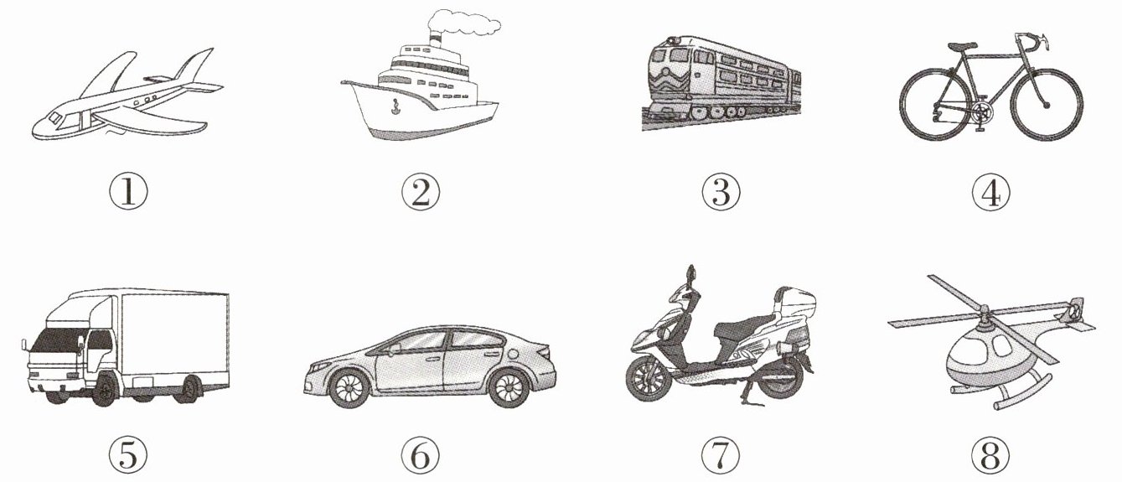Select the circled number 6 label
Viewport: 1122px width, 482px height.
pyautogui.click(x=421, y=456)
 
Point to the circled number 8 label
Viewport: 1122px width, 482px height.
pyautogui.click(x=990, y=456)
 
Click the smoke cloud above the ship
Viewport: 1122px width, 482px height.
pyautogui.click(x=463, y=23)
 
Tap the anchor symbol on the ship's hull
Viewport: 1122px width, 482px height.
pyautogui.click(x=396, y=106)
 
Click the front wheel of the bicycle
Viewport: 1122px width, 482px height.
pyautogui.click(x=1046, y=105)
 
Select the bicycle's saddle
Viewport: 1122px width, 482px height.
pyautogui.click(x=962, y=46)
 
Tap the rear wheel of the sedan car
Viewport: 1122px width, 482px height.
pyautogui.click(x=509, y=389)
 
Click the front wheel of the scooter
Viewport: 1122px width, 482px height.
pyautogui.click(x=649, y=379)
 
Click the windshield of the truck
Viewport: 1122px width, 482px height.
pyautogui.click(x=55, y=340)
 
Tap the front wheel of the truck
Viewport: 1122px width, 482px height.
pyautogui.click(x=105, y=389)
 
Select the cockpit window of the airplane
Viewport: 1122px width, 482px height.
pyautogui.click(x=54, y=118)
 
